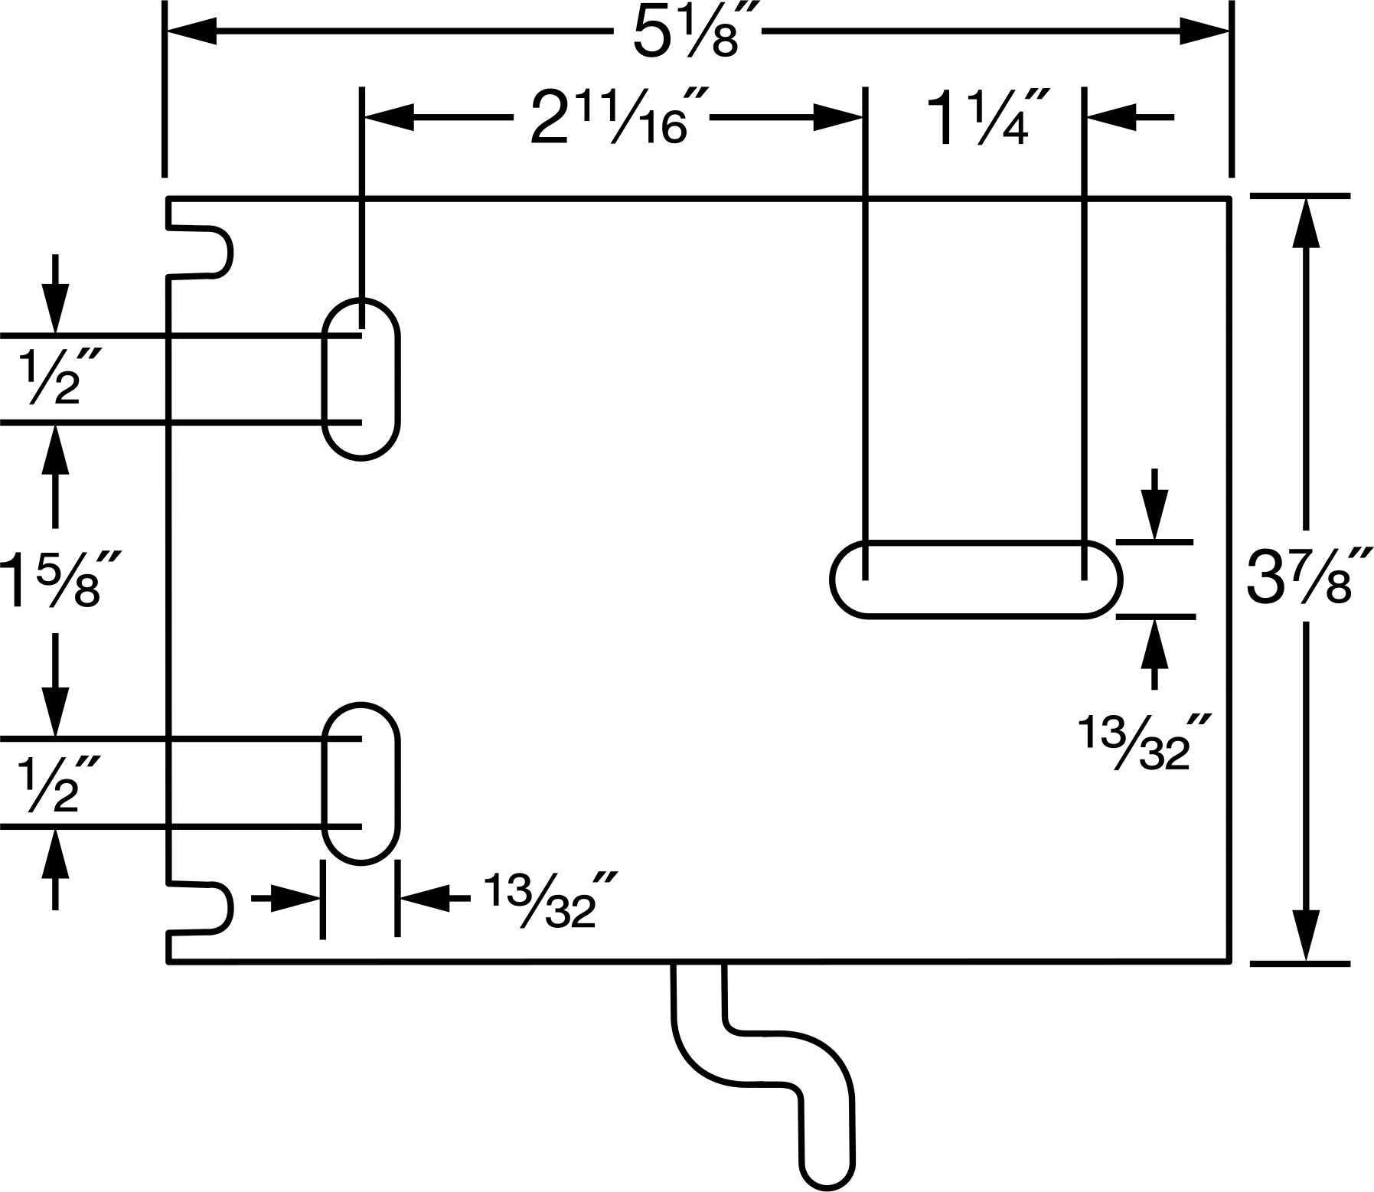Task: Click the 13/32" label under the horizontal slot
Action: [1137, 743]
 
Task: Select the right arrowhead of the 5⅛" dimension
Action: [1204, 32]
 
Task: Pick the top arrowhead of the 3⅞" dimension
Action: [1306, 224]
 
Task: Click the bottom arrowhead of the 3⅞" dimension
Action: [1306, 936]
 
